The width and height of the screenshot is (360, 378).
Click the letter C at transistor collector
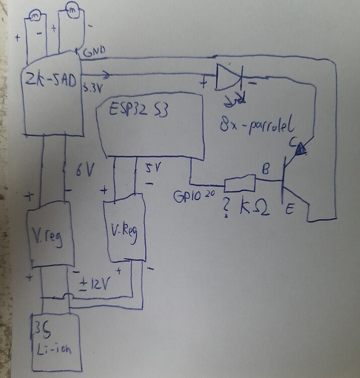coord(293,143)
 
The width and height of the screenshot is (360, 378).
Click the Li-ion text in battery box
coord(54,347)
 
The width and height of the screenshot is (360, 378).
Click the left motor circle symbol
coord(36,16)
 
